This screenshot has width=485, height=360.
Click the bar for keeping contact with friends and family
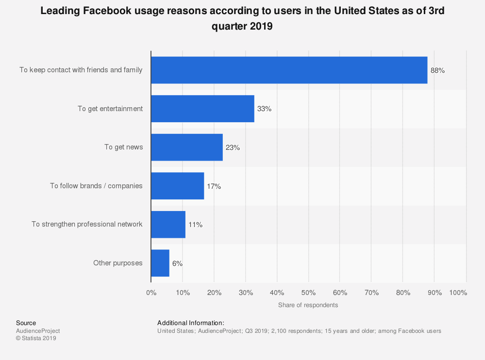point(289,70)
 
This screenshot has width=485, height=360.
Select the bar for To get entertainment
point(202,109)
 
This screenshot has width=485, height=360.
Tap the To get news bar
point(186,147)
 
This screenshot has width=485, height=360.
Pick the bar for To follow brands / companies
point(177,186)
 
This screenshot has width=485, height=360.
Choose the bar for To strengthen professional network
point(168,224)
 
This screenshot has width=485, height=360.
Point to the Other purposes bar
point(160,263)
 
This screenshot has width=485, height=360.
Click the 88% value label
point(437,70)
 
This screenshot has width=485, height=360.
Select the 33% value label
point(264,109)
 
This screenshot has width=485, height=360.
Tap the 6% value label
point(177,263)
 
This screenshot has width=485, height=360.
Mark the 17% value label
point(214,186)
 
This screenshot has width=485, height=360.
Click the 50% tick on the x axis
point(308,293)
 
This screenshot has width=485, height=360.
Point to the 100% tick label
point(458,293)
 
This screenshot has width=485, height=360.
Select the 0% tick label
point(151,293)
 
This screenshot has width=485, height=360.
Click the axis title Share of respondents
point(308,305)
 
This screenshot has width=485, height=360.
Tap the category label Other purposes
point(117,263)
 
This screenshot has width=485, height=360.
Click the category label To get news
point(123,147)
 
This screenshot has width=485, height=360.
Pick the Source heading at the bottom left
point(26,323)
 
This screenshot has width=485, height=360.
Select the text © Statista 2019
point(36,339)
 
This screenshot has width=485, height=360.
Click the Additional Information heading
point(190,323)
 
